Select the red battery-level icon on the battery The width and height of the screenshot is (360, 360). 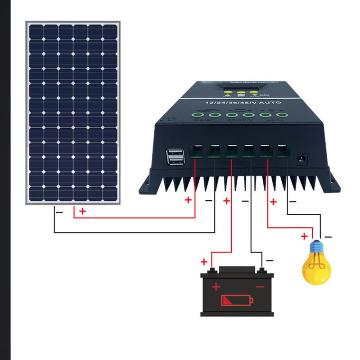[x=237, y=300]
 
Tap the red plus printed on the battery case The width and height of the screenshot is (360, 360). [x=216, y=287]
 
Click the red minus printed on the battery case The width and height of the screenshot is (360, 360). [x=260, y=287]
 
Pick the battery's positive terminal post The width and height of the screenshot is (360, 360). [x=213, y=270]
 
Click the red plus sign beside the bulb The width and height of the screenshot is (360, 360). [x=304, y=236]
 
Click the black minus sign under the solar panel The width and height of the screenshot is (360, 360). [x=59, y=211]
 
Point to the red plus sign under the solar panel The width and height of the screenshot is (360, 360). [x=82, y=211]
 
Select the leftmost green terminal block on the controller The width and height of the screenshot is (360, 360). [x=196, y=152]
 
